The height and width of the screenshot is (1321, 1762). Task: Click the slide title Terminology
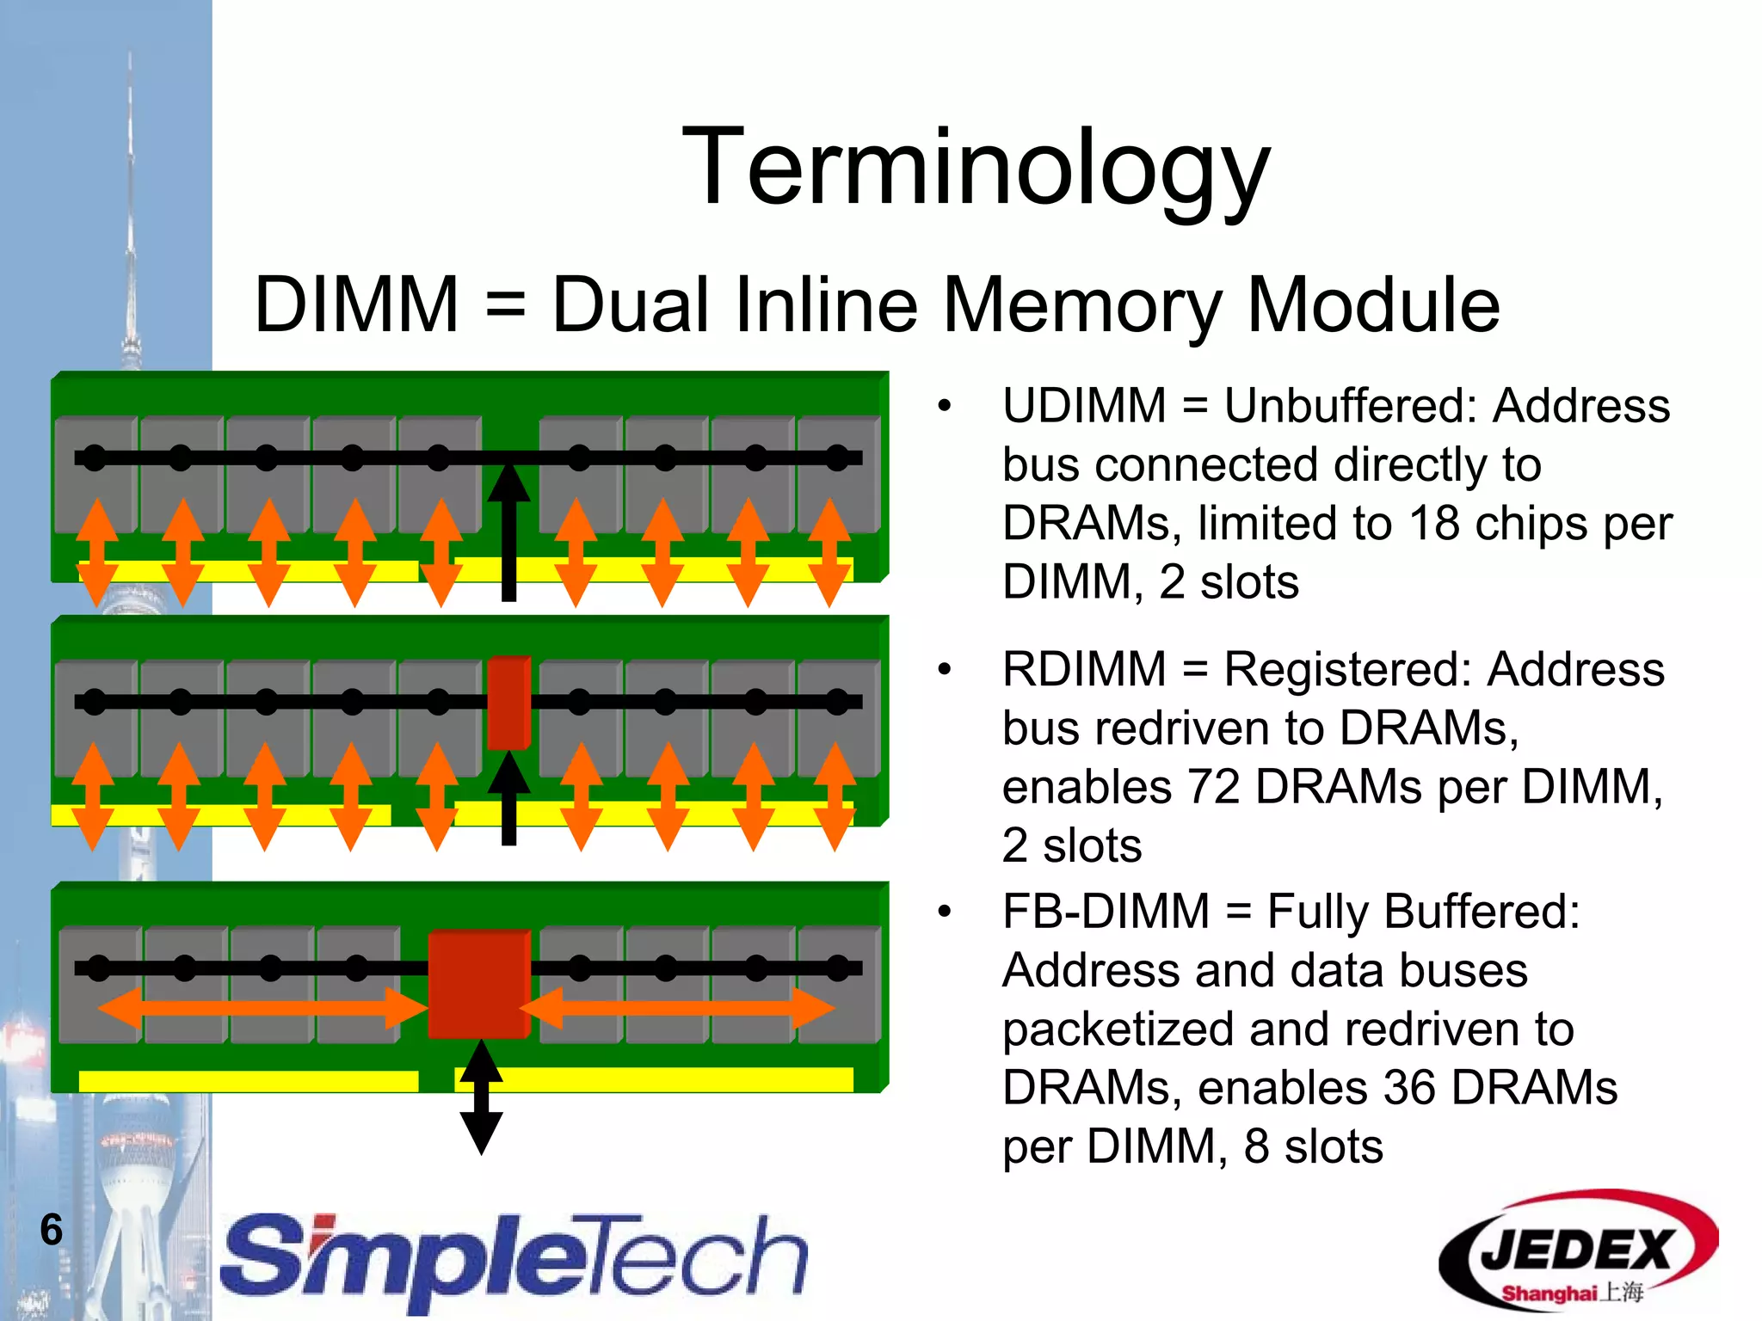pos(976,168)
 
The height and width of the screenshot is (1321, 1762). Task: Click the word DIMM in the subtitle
pos(356,305)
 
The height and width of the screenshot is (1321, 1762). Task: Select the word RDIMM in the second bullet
pos(1084,669)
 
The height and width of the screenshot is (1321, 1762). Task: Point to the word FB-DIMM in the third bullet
pos(1106,912)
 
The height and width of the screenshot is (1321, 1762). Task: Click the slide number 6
pos(52,1229)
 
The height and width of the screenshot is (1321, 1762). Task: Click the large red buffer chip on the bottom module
pos(478,984)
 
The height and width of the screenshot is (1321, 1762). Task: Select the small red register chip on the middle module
pos(508,703)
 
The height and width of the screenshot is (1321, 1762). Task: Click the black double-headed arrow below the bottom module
pos(481,1097)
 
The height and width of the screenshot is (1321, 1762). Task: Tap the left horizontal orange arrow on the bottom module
pos(262,1008)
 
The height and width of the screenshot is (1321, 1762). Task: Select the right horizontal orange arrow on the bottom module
pos(677,1008)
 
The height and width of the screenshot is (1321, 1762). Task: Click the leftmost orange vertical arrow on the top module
pos(96,553)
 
